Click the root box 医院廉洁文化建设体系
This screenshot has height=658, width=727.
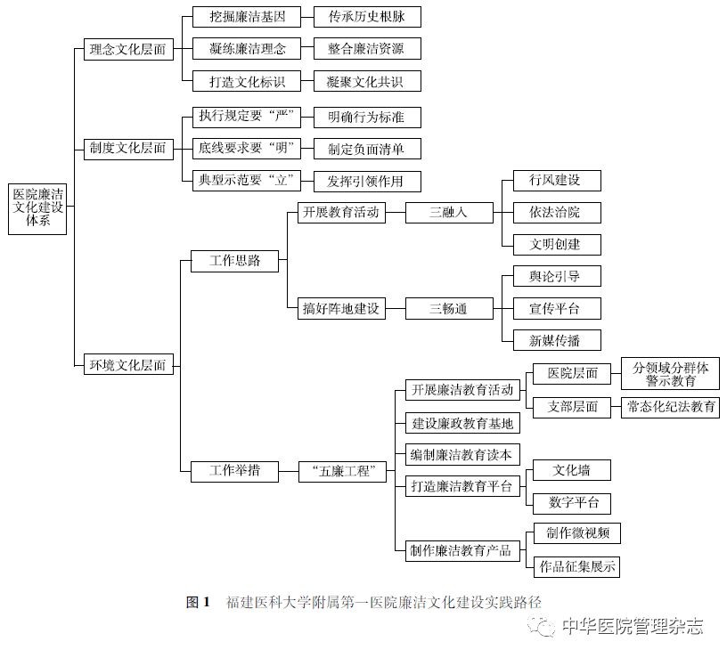pos(37,209)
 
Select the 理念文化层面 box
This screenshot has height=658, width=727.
pos(128,49)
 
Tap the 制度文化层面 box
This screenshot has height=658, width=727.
pos(128,150)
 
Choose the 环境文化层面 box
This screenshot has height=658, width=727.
pos(128,364)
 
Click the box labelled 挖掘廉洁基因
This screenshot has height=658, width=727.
pos(247,17)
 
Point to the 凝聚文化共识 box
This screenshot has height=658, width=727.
pos(367,81)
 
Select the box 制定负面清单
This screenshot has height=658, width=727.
pos(367,149)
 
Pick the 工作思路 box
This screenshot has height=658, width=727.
pos(234,261)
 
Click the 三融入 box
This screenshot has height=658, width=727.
pos(449,213)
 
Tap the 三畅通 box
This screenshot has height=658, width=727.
pos(449,309)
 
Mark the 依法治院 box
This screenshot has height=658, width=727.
pos(557,213)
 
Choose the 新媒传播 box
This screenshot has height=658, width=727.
pos(557,340)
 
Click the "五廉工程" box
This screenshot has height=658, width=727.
pos(342,472)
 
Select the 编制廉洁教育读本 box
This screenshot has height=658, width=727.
pos(462,455)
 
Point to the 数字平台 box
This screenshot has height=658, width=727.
pos(572,504)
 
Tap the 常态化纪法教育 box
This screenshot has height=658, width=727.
pos(671,407)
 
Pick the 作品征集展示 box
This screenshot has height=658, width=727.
pos(576,566)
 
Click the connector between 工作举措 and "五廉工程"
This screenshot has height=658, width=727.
pos(289,472)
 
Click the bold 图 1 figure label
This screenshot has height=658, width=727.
pos(198,602)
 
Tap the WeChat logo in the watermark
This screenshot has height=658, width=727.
pos(541,626)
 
